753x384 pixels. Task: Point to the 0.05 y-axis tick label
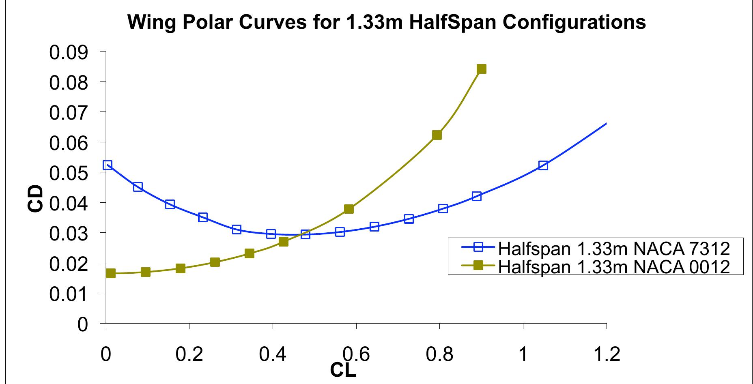69,173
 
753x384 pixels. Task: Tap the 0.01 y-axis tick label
69,294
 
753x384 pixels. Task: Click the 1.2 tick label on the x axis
606,354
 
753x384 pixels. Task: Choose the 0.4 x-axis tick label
272,354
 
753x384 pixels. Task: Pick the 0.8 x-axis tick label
439,354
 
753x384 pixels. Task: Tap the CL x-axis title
343,369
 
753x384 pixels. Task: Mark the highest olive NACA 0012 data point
481,69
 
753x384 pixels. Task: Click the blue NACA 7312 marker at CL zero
107,165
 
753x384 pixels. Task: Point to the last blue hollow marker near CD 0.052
543,165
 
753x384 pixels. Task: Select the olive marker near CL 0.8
437,135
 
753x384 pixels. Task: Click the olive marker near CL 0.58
349,209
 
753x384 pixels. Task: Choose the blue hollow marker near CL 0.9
477,196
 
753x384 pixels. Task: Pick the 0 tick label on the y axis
82,324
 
